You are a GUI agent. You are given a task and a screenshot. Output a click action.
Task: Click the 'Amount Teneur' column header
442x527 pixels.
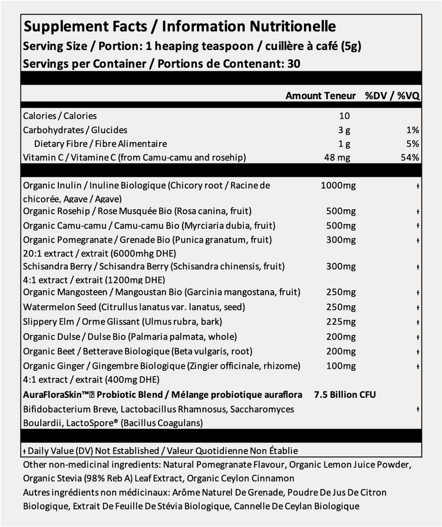coord(321,95)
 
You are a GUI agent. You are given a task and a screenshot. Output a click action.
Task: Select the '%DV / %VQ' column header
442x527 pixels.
coord(391,95)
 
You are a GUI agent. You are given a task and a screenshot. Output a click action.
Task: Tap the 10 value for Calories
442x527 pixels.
coord(344,116)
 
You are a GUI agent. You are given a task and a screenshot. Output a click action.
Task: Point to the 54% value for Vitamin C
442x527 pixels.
coord(410,157)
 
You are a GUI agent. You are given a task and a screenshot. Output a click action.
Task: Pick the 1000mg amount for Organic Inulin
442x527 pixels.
coord(338,186)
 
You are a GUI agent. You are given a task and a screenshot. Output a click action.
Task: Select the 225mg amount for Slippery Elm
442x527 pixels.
coord(341,322)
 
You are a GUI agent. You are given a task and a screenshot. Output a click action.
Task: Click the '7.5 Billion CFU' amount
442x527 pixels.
coord(345,394)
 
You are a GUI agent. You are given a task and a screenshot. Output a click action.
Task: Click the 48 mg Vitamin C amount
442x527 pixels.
coord(341,157)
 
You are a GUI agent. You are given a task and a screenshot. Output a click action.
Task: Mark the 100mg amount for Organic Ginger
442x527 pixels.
coord(341,366)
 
